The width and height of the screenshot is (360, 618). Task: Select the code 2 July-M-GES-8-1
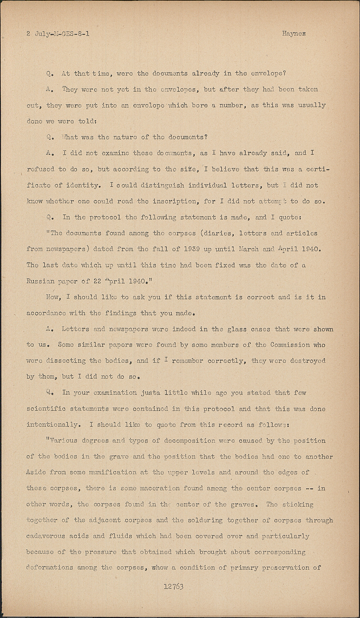click(58, 34)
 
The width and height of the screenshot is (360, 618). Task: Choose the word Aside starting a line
click(36, 472)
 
